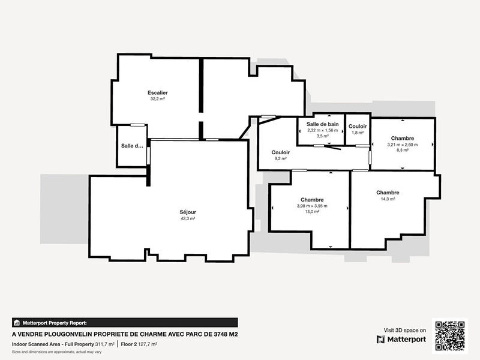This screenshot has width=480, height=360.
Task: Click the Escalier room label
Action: pos(158,92)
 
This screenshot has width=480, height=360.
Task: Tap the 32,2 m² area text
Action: pos(158,99)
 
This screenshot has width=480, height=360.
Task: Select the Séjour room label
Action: pos(188,212)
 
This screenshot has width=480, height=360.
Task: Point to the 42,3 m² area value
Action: pos(188,219)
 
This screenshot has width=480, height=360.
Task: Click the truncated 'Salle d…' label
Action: pos(132,146)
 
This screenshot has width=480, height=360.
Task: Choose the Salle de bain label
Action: pos(323,124)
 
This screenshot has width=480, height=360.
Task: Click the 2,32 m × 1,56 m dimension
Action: pos(323,130)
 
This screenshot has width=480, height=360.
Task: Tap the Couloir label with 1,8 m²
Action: pos(358,126)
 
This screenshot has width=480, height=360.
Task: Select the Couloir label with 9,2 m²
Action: pos(281,152)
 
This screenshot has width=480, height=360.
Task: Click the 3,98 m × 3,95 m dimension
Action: pos(312,206)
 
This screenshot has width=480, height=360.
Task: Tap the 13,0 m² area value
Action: pos(312,212)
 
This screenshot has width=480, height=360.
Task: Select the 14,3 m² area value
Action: pos(388,199)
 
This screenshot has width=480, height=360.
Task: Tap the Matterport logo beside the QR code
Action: pos(401,340)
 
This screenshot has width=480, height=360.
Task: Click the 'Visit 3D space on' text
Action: pos(405,330)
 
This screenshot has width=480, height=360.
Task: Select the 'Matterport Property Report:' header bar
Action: pos(125,323)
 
